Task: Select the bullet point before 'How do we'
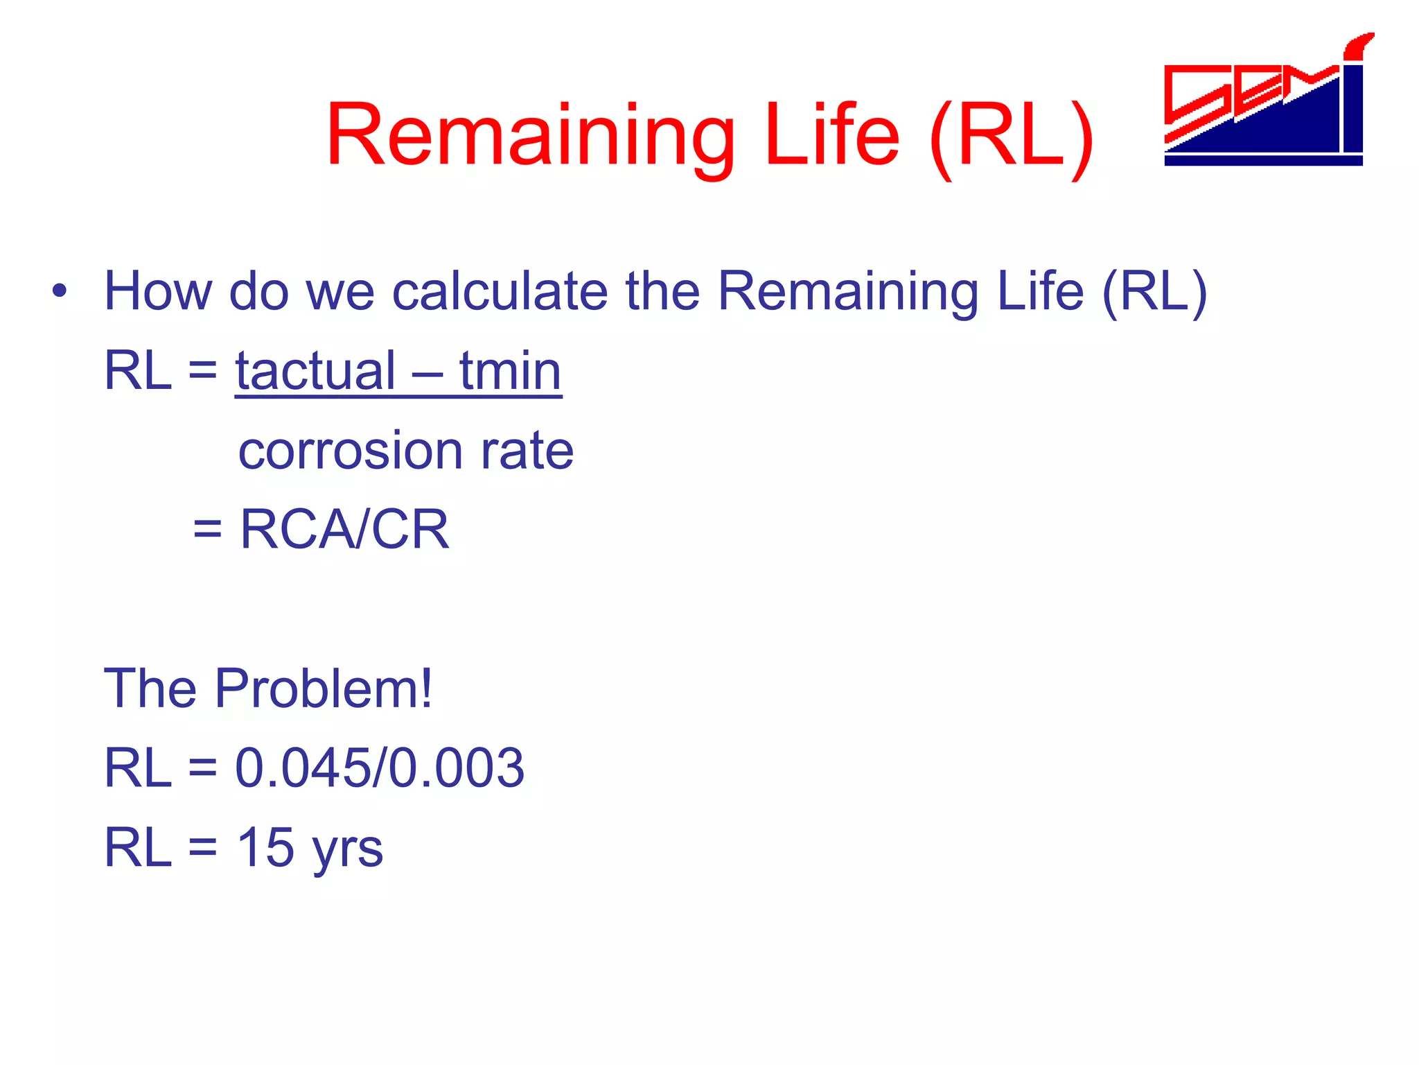(x=60, y=292)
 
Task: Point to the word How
(x=158, y=292)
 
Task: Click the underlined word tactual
(x=315, y=372)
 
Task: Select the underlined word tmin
(x=510, y=372)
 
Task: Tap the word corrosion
(x=350, y=451)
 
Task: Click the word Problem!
(x=324, y=689)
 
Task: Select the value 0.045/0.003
(x=380, y=769)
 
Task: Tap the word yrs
(x=347, y=851)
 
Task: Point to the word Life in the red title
(x=832, y=135)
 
